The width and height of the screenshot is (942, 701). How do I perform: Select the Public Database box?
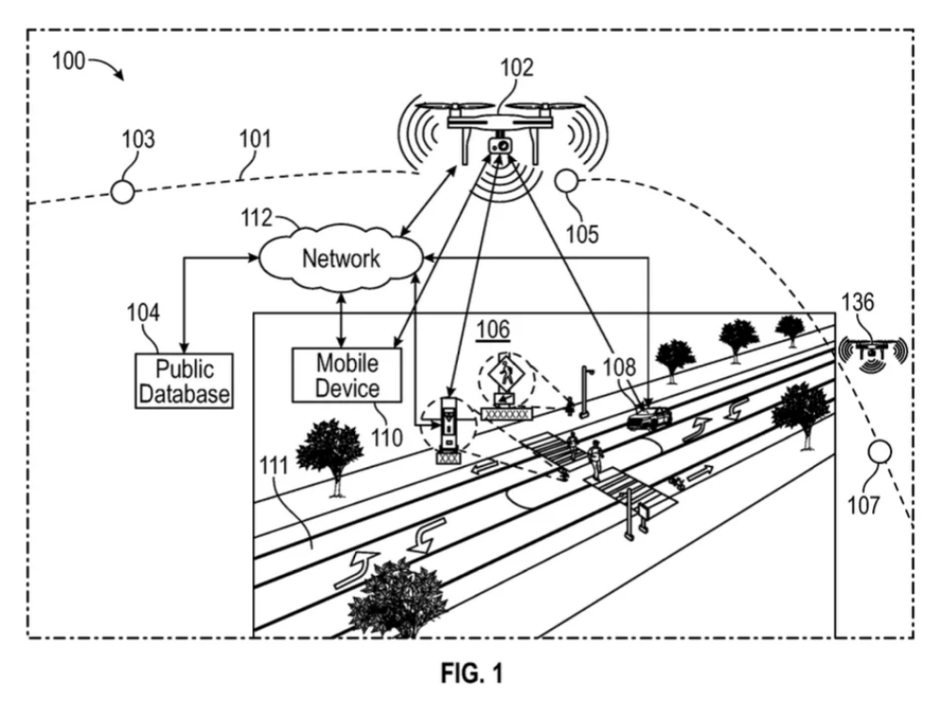click(x=183, y=380)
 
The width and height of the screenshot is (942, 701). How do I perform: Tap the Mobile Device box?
click(x=347, y=374)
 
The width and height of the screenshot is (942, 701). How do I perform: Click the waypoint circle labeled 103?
click(x=122, y=191)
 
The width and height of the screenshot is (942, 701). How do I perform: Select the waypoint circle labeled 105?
click(x=566, y=180)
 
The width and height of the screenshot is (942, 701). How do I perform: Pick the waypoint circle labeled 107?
click(x=882, y=452)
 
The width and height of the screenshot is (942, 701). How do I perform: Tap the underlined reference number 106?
click(x=493, y=329)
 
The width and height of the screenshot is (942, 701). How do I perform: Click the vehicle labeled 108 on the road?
click(x=649, y=416)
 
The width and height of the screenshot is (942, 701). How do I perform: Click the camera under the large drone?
click(x=502, y=147)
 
